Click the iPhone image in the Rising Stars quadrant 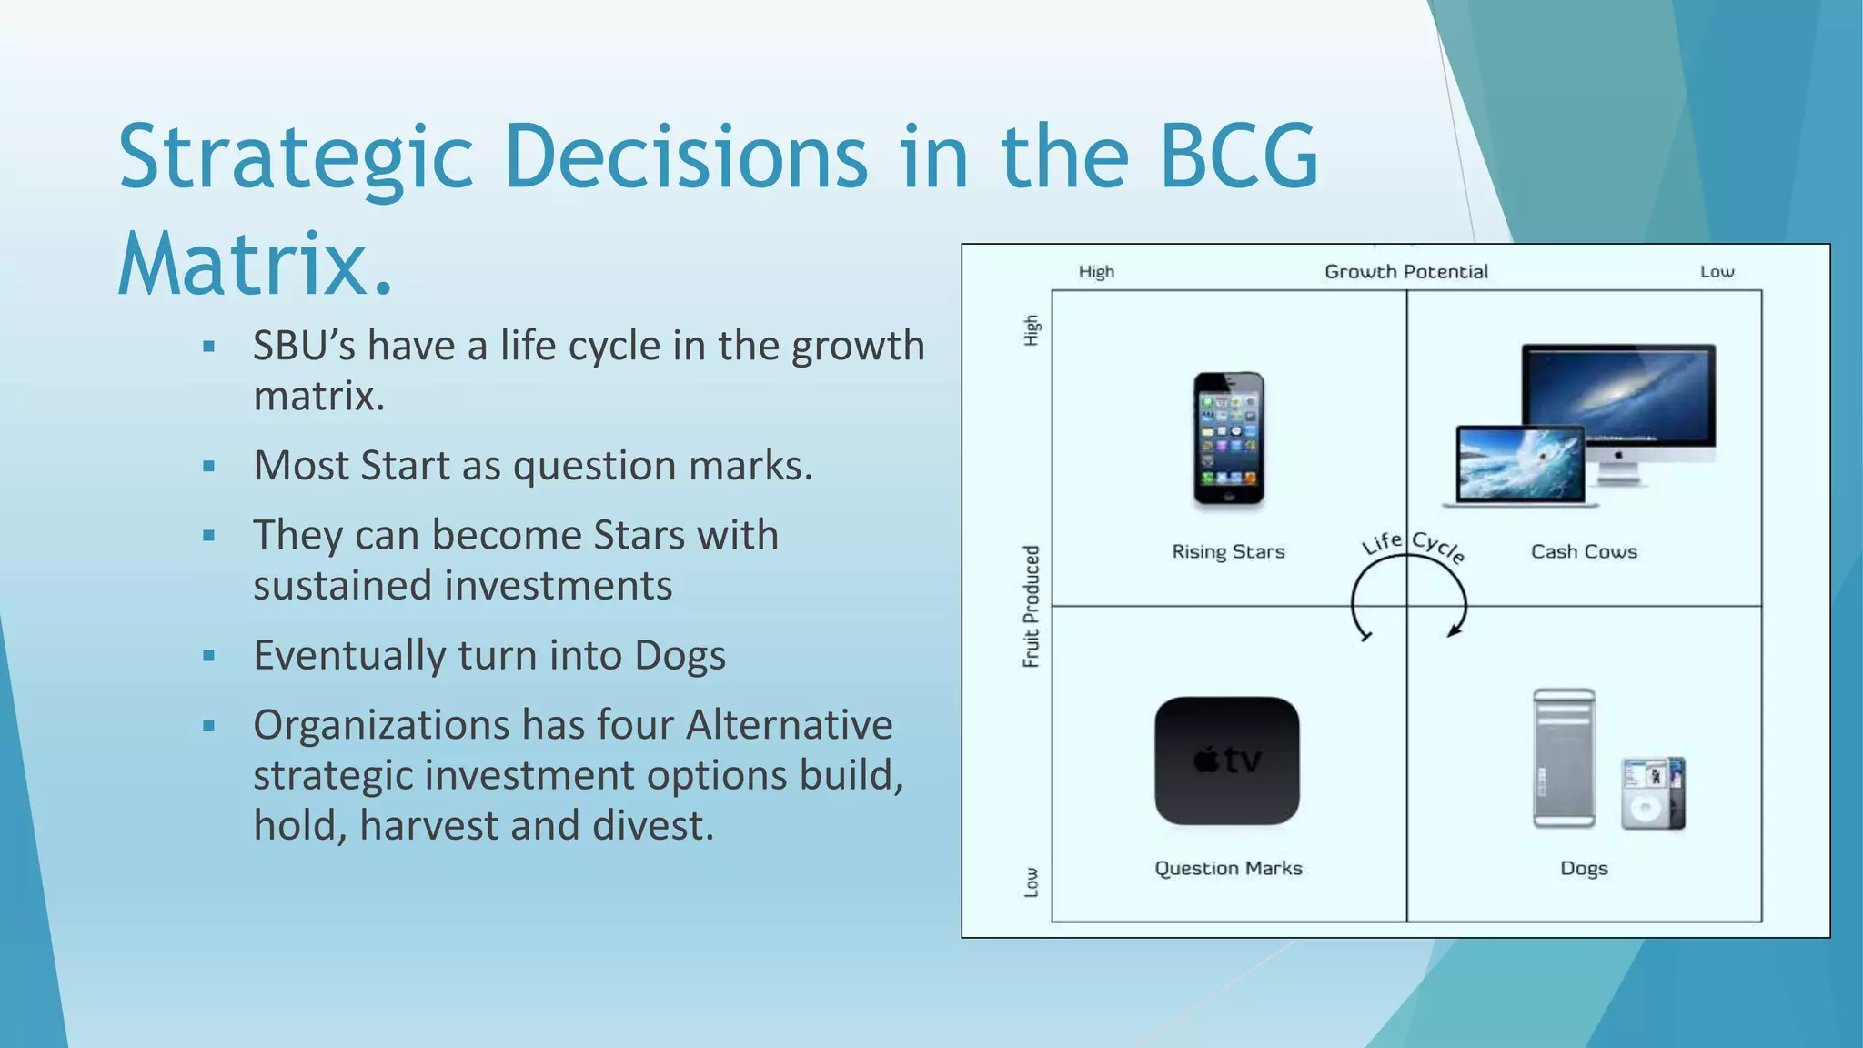[x=1228, y=438]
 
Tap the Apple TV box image [x=1227, y=761]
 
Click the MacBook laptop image [x=1517, y=467]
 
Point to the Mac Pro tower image [x=1564, y=758]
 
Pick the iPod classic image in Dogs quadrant [x=1651, y=792]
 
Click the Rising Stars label [x=1228, y=551]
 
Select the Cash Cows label [x=1584, y=551]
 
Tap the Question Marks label [x=1228, y=868]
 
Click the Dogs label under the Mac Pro [x=1584, y=868]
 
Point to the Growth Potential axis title [x=1405, y=271]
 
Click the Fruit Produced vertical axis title [x=1031, y=606]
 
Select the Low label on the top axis [x=1717, y=271]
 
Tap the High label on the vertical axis [x=1031, y=329]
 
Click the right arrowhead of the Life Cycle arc [x=1454, y=630]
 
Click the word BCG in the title [x=1239, y=156]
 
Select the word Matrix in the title [x=243, y=265]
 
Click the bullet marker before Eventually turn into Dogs [x=209, y=655]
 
